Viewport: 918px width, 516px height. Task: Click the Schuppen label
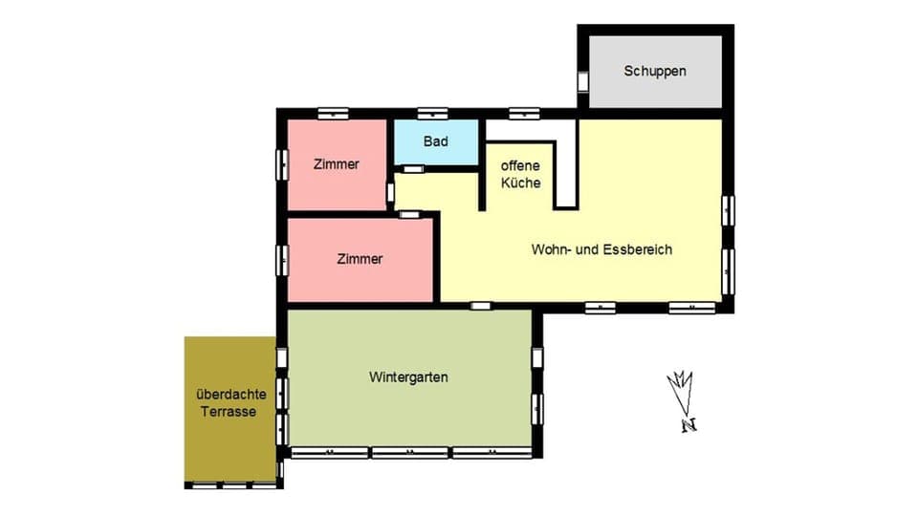(655, 71)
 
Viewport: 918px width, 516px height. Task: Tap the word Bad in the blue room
(436, 141)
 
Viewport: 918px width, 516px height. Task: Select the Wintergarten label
(408, 377)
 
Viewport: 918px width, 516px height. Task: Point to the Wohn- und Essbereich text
(602, 249)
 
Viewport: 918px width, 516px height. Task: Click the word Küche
(521, 183)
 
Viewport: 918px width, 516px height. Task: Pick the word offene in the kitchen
(521, 164)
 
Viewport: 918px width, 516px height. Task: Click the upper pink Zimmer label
(337, 164)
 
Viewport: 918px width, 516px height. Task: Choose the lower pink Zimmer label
(360, 259)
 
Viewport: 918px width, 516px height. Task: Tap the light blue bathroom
(436, 153)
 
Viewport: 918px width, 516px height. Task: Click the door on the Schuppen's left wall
(583, 80)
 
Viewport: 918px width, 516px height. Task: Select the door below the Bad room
(412, 169)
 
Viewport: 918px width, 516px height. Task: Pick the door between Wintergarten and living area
(480, 306)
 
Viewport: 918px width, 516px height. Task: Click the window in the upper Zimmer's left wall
(282, 164)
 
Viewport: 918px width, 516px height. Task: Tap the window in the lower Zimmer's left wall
(282, 259)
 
